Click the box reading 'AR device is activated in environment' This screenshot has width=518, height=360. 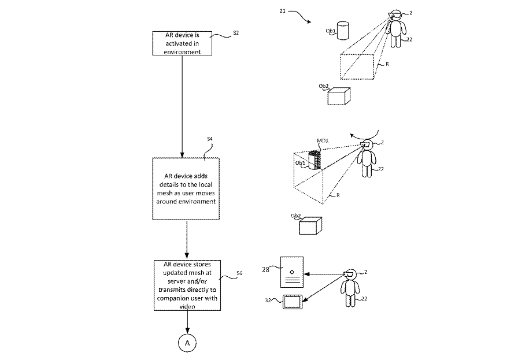[182, 43]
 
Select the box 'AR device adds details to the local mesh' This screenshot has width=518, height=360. [186, 188]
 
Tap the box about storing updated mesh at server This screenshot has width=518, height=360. [187, 285]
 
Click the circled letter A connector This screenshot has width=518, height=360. [187, 343]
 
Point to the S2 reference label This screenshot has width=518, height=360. [236, 33]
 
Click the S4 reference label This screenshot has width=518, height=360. [210, 139]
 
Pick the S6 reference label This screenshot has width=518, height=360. [239, 273]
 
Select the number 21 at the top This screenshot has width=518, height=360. [282, 11]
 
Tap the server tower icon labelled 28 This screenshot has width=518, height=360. [292, 272]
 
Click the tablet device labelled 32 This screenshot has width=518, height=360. [293, 302]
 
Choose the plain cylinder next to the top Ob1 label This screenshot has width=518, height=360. [343, 31]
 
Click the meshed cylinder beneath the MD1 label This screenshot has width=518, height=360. [314, 160]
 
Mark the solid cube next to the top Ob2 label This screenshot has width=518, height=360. [339, 97]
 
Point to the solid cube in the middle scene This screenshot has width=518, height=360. [310, 225]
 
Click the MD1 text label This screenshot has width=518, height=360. [323, 140]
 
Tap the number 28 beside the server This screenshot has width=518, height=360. [265, 269]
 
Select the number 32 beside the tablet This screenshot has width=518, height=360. [268, 300]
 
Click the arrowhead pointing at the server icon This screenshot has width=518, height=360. [306, 274]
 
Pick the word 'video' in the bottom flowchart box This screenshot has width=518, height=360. [187, 306]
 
